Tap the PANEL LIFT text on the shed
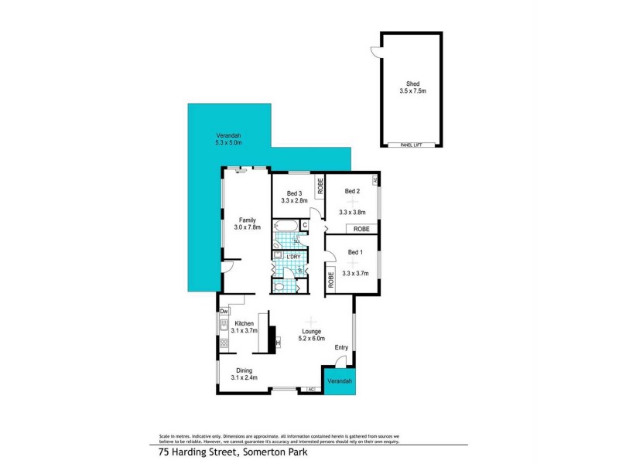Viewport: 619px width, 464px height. pos(411,145)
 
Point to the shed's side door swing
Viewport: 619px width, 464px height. pos(374,51)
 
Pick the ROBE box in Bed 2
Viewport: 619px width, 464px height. pos(361,229)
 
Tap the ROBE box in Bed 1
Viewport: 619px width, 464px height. pos(330,279)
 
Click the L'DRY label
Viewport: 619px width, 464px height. pos(293,257)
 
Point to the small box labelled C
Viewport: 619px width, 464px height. pos(305,225)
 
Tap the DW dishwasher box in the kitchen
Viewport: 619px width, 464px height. pos(223,311)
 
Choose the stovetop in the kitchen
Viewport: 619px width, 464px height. pos(224,342)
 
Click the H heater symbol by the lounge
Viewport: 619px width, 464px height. pos(276,343)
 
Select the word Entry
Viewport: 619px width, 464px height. pos(341,347)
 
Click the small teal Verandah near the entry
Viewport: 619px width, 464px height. pos(340,382)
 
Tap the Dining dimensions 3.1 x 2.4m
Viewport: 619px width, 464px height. pos(245,377)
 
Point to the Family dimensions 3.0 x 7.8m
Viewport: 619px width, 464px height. pos(248,227)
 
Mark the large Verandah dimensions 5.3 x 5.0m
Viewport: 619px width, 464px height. pos(228,143)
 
